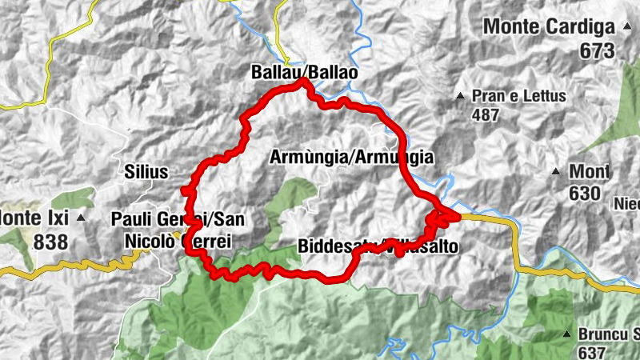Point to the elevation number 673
point(598,51)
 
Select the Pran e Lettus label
point(518,96)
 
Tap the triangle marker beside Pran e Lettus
point(460,97)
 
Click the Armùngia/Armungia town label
point(352,158)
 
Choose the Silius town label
point(146,172)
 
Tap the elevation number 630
point(585,193)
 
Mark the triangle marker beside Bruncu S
point(566,334)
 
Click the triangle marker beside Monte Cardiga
point(630,27)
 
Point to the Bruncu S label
point(607,334)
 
